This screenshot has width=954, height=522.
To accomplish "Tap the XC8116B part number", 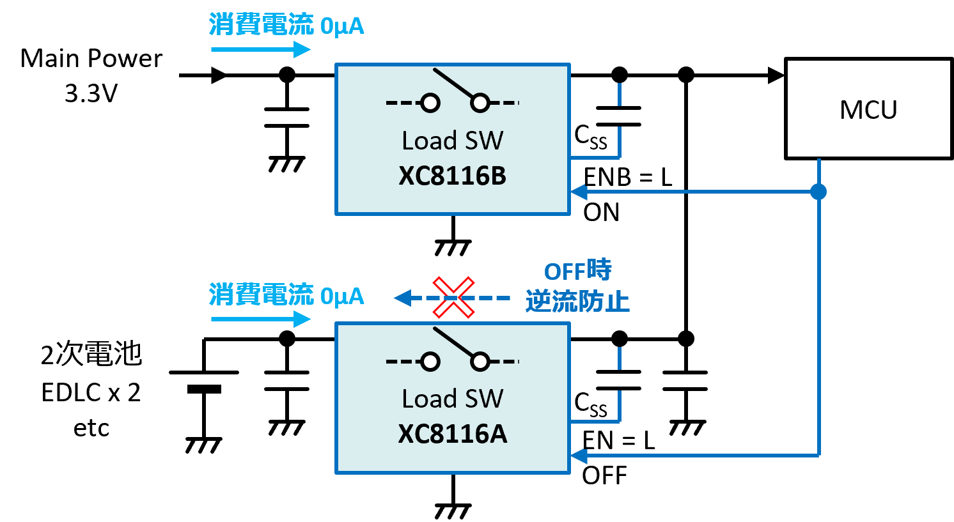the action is (x=452, y=176).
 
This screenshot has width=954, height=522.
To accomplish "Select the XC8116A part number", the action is (x=452, y=434).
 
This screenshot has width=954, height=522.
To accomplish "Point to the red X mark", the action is (x=453, y=297).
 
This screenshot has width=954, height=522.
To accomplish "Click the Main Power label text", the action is (x=91, y=58).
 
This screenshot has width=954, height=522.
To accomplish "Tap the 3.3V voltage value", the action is (x=91, y=93).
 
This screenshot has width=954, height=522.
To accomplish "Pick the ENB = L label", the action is (x=627, y=177).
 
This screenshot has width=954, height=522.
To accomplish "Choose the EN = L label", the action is (x=618, y=440).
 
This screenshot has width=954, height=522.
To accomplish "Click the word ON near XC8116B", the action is (x=601, y=212).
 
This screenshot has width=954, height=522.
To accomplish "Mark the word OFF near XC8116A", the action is (x=604, y=475).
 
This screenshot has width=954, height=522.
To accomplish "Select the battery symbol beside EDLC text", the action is (x=203, y=381).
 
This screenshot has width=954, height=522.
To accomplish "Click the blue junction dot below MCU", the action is (x=818, y=192).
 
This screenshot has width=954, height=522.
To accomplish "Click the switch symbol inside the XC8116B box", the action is (x=452, y=91).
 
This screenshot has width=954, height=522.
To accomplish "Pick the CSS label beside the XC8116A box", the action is (x=591, y=404).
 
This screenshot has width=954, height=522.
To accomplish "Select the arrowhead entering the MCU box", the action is (x=776, y=75).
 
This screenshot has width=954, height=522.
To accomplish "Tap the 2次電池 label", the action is (x=91, y=353).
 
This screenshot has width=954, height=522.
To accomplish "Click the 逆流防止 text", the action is (x=577, y=302).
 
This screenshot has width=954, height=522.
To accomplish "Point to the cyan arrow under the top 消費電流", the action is (x=261, y=49).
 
